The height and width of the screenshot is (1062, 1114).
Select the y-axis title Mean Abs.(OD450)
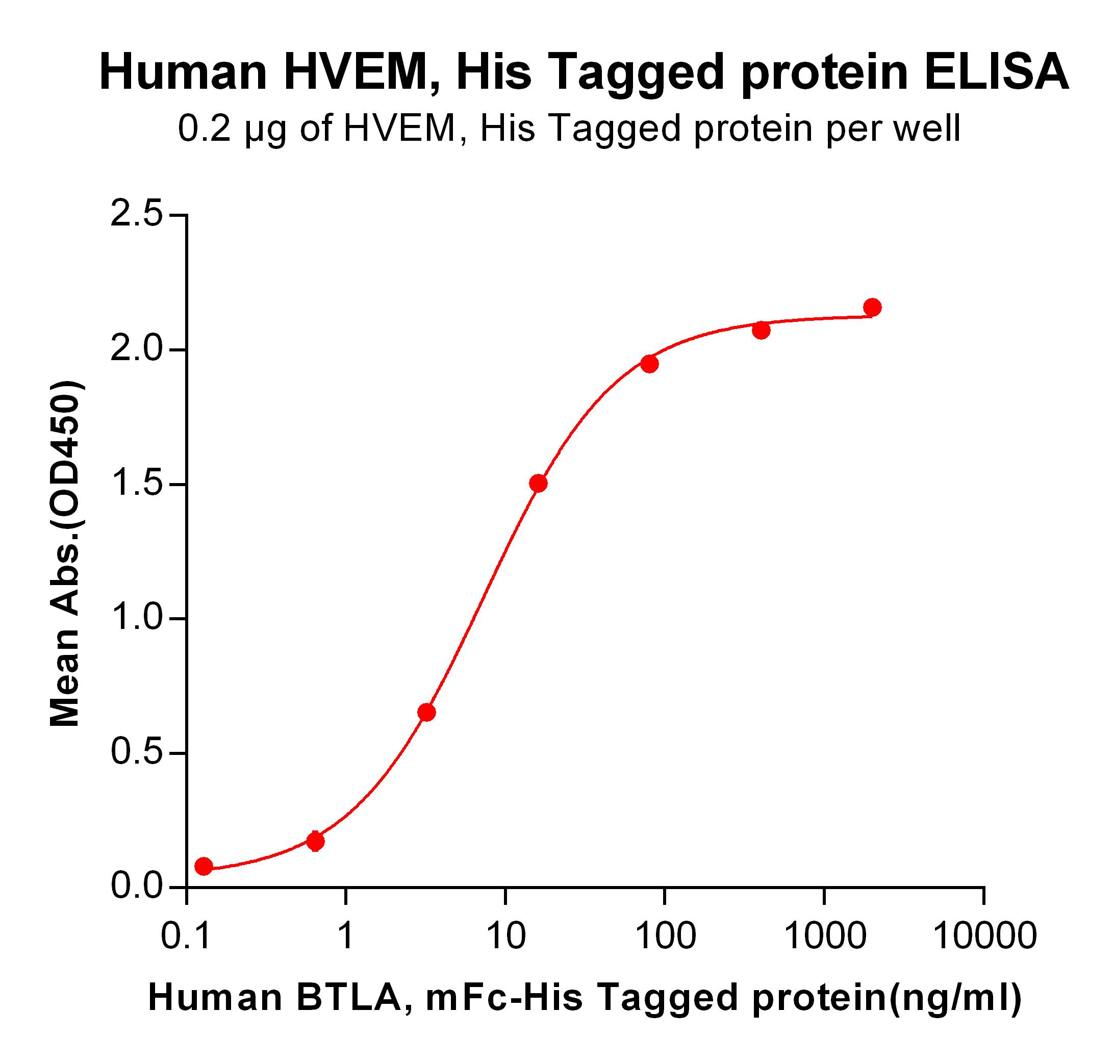66,553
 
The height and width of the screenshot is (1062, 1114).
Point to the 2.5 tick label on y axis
136,215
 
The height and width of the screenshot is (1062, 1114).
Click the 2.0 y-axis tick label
136,350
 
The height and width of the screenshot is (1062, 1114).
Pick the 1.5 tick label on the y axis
136,484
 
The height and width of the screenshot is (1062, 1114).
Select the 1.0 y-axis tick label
136,619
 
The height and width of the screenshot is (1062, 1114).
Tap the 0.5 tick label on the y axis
136,753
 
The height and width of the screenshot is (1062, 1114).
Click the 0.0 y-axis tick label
136,887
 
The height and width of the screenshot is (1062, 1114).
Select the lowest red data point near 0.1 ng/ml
204,866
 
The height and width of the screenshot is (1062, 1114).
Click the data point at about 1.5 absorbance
538,484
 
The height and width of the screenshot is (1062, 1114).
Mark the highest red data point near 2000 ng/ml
872,308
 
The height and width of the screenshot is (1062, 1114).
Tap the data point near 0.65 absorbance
427,713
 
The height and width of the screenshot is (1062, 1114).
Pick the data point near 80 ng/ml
650,364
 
